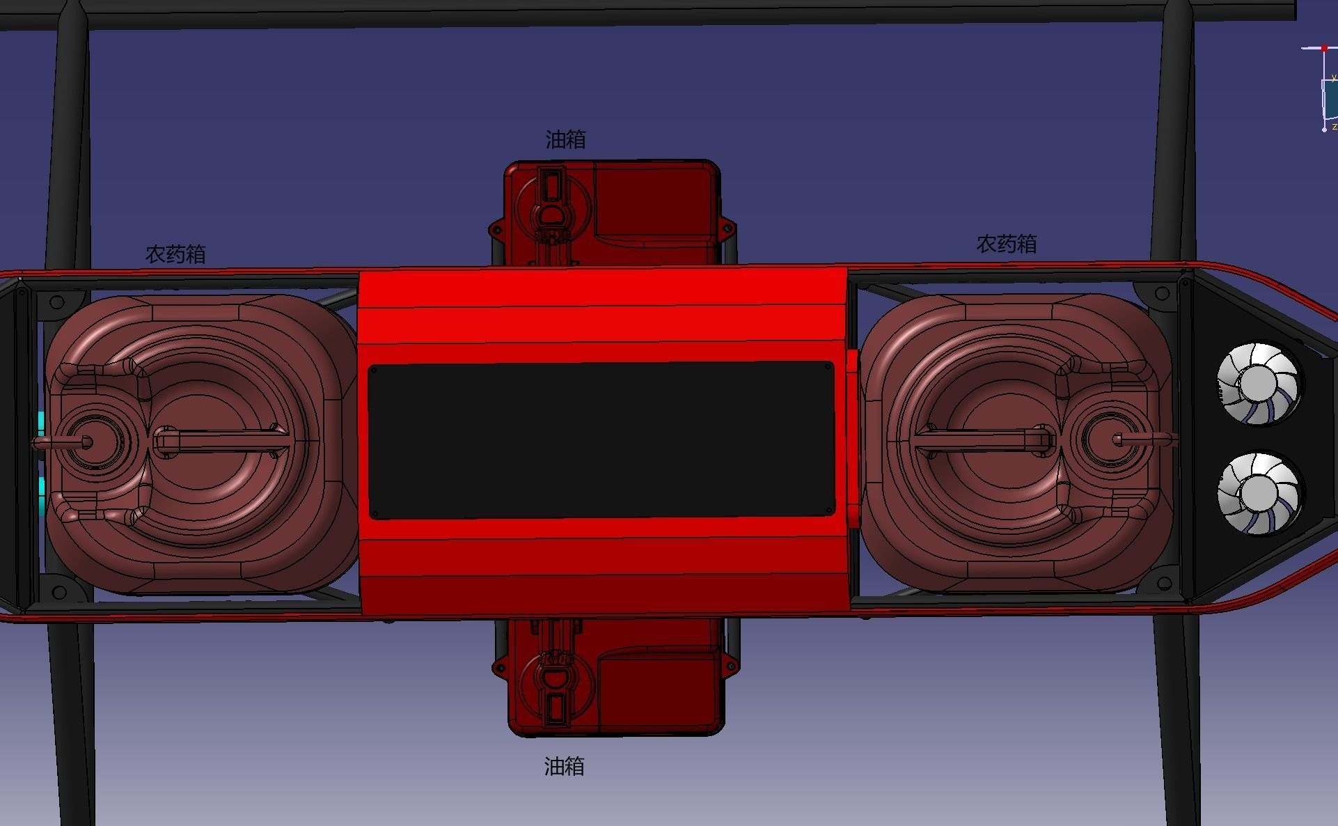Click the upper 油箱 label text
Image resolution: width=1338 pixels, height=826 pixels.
pos(565,140)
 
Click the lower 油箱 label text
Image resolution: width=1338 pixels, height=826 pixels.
pos(564,767)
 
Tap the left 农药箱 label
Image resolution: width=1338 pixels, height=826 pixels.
pos(175,254)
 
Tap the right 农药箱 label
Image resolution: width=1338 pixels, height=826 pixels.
pos(1007,244)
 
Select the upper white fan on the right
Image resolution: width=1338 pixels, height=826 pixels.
pos(1258,383)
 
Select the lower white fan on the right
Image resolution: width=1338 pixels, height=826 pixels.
pos(1259,493)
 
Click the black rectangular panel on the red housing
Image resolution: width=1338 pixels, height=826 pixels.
pos(601,440)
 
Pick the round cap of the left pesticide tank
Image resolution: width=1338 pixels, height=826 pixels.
pos(88,442)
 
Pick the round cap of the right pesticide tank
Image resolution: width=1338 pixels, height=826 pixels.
pos(1117,439)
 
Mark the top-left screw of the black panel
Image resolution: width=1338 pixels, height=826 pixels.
pos(374,371)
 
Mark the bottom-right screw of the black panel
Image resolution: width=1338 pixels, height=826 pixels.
pos(828,510)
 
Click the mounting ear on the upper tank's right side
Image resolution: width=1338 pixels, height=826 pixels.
pos(727,228)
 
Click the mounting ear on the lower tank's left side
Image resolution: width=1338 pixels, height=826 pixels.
pos(498,668)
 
